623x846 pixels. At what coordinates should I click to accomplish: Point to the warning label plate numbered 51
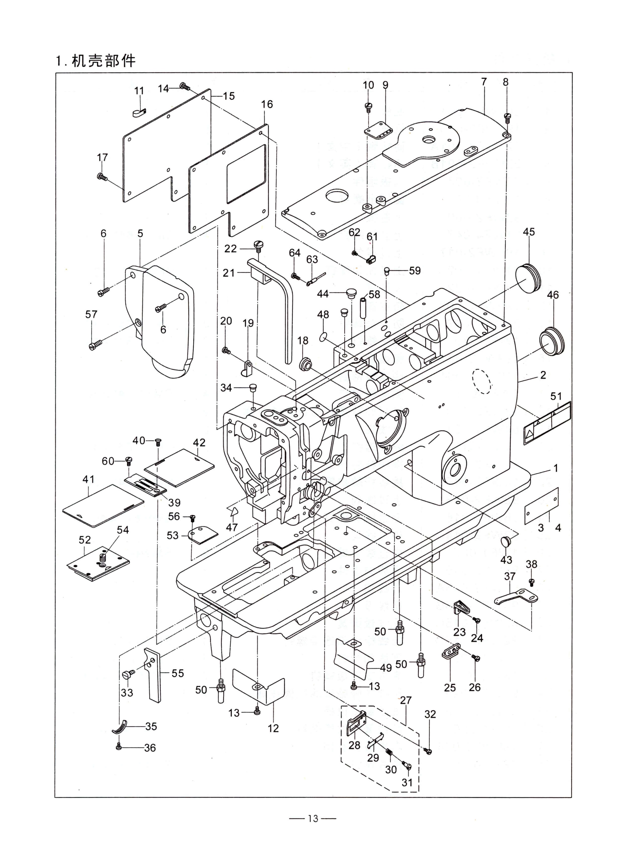pyautogui.click(x=547, y=424)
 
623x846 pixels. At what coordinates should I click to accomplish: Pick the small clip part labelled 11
pyautogui.click(x=139, y=112)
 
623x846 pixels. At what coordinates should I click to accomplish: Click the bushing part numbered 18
pyautogui.click(x=305, y=364)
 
